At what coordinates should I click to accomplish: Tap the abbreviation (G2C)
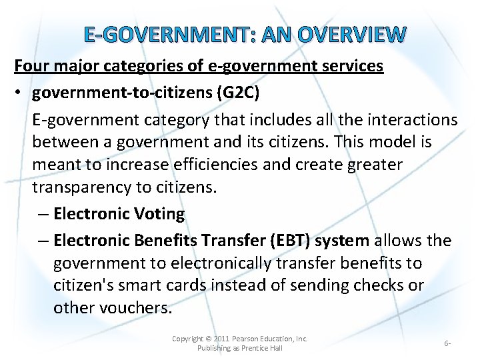coord(237,93)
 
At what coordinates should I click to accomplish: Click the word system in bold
coord(343,240)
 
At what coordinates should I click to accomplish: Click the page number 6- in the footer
coord(447,343)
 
